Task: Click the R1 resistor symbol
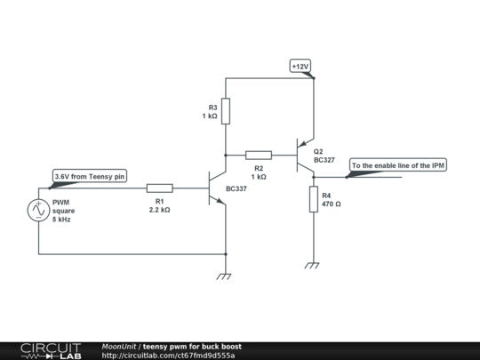[159, 188]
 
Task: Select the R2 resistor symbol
[259, 156]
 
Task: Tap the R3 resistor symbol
[226, 111]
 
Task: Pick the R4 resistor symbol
[314, 199]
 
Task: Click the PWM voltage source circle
[38, 211]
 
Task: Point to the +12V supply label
[300, 66]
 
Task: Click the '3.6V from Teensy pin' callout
[90, 176]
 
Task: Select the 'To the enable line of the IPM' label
[398, 165]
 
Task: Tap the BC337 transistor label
[236, 188]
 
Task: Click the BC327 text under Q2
[324, 160]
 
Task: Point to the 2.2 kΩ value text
[159, 210]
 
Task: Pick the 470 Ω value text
[332, 204]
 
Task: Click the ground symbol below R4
[312, 266]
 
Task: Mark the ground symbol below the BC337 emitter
[224, 276]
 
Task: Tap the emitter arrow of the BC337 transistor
[220, 201]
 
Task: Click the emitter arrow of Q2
[302, 144]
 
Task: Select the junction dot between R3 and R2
[226, 156]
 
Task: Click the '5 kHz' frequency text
[61, 220]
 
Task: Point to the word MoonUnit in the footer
[119, 347]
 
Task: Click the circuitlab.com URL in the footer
[168, 356]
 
